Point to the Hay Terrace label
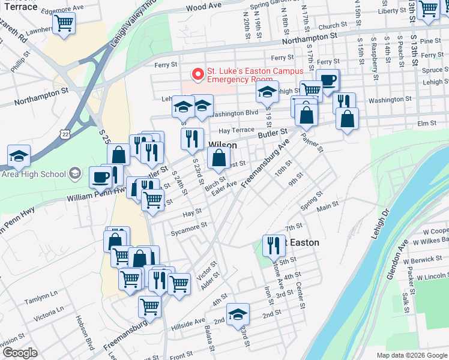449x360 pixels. coord(238,130)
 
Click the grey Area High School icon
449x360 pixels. coord(75,174)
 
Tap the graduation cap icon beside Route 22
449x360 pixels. coord(19,156)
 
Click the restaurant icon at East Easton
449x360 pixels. coord(273,245)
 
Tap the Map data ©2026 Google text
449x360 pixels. coord(411,355)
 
